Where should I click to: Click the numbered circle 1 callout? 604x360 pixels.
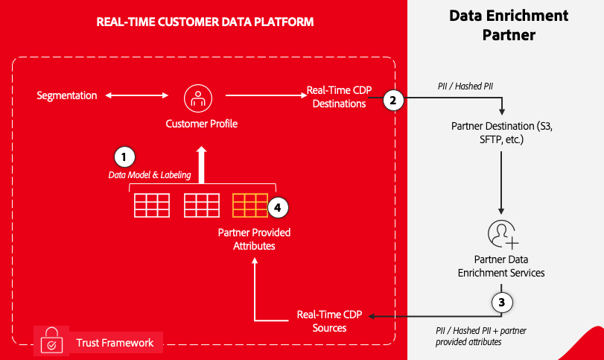point(124,157)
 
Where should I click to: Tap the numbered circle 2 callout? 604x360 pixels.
point(393,100)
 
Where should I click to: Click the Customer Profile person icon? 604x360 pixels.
point(198,96)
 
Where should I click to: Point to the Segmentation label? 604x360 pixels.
point(67,95)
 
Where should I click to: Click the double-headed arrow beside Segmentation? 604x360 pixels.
point(139,95)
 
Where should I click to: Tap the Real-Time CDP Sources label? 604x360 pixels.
point(330,321)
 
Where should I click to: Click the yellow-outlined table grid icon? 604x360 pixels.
point(249,205)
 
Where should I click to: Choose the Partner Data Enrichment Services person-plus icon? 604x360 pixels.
point(503,233)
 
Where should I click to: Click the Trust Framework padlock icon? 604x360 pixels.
point(50,340)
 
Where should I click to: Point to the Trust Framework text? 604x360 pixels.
point(115,343)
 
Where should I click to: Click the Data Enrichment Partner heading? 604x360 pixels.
point(509,25)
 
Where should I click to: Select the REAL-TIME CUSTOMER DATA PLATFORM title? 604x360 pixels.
point(206,22)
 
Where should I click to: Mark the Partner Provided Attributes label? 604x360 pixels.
point(254,239)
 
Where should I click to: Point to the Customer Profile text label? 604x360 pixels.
point(201,124)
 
